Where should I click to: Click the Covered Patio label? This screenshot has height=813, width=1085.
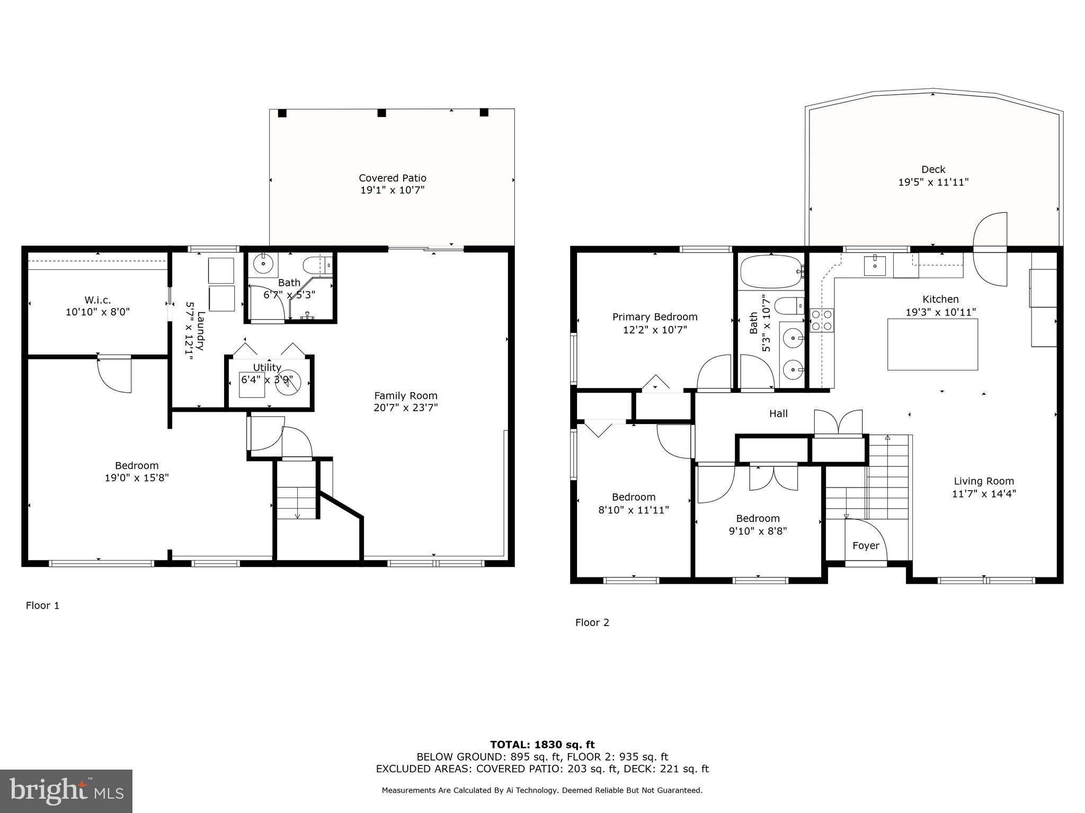[392, 178]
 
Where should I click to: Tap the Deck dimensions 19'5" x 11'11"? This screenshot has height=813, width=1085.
[933, 182]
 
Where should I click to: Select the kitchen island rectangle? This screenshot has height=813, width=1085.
[932, 344]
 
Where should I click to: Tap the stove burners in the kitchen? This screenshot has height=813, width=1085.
[822, 320]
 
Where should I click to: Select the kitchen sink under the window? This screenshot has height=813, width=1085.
[874, 266]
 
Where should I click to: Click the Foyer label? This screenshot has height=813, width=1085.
[866, 546]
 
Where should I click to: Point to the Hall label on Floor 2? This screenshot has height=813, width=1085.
[778, 413]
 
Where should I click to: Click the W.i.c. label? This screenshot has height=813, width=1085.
[97, 300]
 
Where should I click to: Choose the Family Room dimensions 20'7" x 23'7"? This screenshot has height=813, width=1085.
[405, 408]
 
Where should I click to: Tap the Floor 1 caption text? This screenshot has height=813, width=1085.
[42, 606]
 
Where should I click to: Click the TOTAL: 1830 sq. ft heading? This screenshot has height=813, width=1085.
[542, 745]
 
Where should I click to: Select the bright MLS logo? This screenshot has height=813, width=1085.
[66, 791]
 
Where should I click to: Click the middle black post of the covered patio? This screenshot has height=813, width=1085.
[381, 113]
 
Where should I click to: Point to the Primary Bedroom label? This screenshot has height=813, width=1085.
[655, 317]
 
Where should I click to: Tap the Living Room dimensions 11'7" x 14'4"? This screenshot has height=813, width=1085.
[983, 494]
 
